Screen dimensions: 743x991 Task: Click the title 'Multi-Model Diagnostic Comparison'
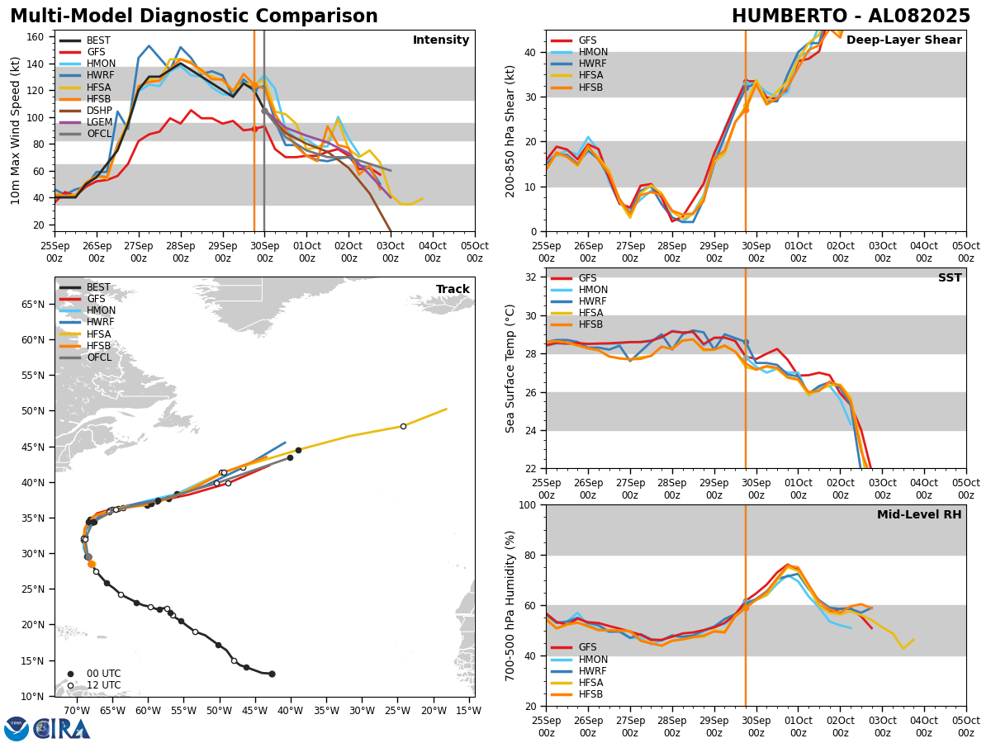193,17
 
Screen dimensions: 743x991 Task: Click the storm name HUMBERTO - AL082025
851,17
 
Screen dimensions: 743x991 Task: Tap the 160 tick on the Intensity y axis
40,37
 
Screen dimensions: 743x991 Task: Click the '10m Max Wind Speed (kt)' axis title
16,130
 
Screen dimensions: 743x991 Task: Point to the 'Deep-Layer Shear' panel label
903,40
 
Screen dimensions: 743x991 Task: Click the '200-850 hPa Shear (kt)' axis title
510,130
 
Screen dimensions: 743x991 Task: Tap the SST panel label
949,278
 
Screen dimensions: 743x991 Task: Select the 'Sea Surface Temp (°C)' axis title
510,368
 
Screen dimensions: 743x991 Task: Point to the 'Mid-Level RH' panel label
918,515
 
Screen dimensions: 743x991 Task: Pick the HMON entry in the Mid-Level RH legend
592,660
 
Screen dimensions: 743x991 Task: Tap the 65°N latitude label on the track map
33,305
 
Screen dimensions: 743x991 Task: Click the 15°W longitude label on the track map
467,710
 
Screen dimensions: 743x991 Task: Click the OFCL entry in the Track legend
99,357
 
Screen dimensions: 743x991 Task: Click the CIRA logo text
63,729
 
